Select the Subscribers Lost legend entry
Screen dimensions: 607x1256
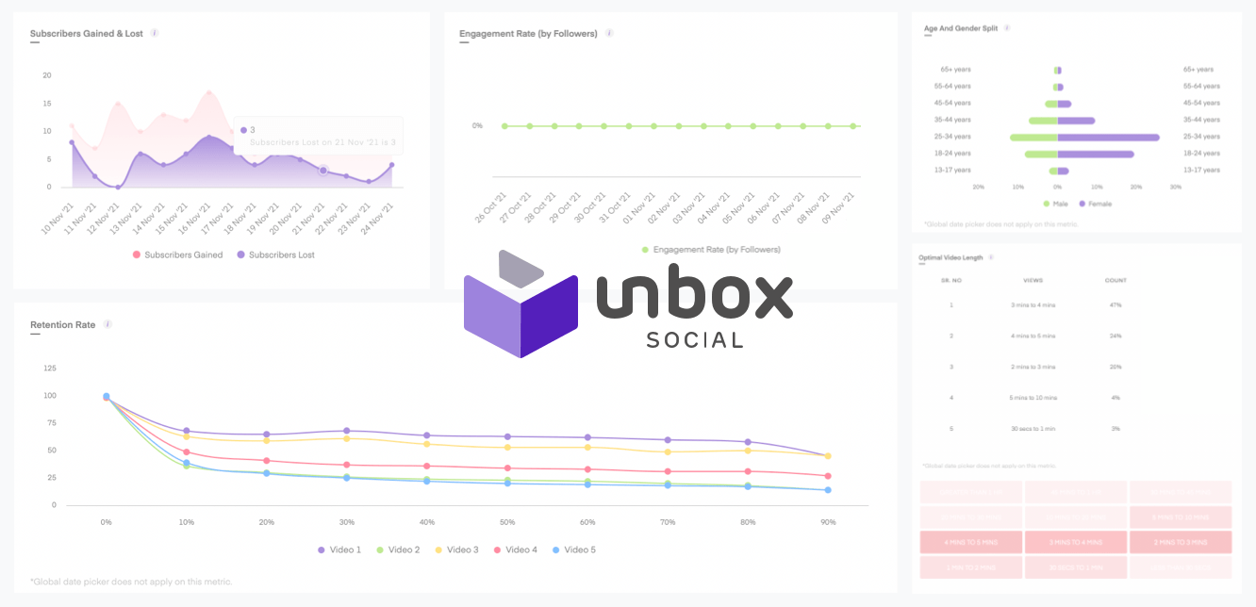coord(282,255)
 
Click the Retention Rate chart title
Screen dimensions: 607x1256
coord(62,325)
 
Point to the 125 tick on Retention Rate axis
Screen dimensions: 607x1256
coord(48,369)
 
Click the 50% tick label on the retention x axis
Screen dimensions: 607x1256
coord(507,521)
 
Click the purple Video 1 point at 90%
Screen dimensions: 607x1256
coord(828,456)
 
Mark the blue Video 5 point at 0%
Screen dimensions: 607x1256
coord(106,397)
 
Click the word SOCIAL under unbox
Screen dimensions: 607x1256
coord(695,339)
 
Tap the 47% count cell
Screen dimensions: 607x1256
coord(1116,305)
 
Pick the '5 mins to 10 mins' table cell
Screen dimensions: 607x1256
coord(1033,398)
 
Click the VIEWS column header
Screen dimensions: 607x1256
coord(1033,281)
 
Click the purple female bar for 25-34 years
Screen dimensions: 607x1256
coord(1108,138)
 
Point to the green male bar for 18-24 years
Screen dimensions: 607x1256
coord(1041,154)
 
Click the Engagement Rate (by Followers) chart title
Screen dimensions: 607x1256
coord(528,34)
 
